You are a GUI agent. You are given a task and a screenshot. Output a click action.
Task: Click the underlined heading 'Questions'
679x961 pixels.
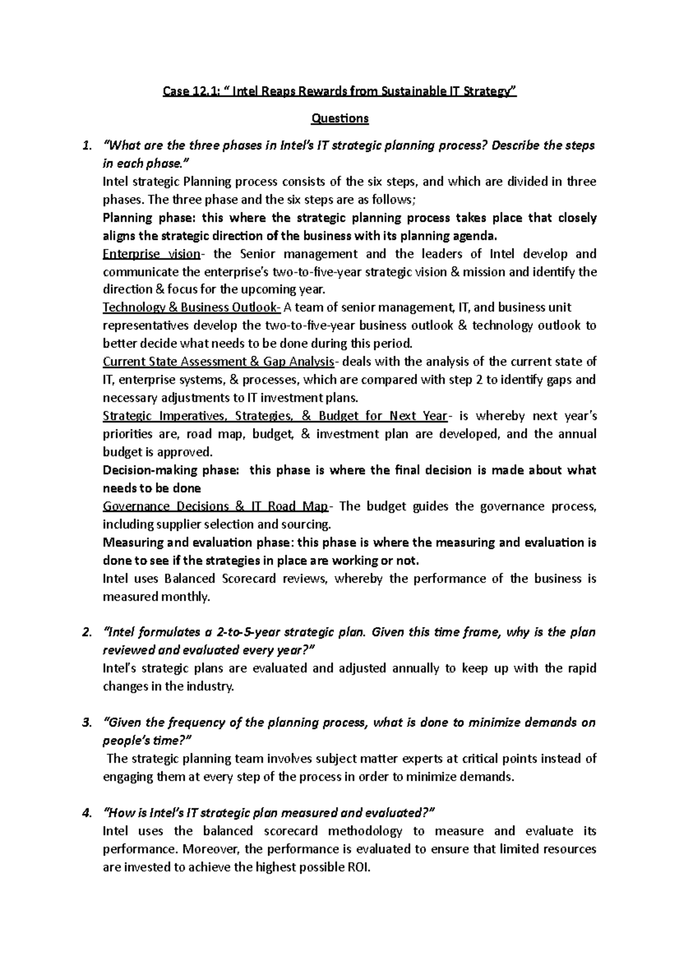(339, 118)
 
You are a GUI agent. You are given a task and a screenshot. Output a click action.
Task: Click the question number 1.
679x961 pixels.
(85, 145)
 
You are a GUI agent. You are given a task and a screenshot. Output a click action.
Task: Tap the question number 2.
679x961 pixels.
(85, 632)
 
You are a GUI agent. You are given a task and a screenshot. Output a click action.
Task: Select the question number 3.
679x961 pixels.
(85, 723)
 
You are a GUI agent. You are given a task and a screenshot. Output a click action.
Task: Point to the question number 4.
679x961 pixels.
(85, 813)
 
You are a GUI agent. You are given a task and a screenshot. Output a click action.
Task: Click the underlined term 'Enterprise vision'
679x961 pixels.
(151, 254)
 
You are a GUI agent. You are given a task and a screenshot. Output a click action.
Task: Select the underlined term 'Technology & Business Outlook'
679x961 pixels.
(191, 308)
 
